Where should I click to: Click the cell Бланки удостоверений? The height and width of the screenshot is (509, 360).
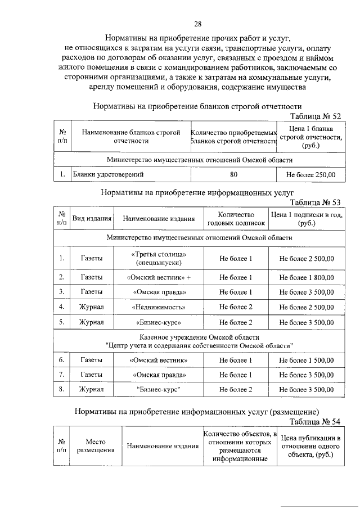pos(108,175)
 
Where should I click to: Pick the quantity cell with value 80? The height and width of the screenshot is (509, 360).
pos(234,175)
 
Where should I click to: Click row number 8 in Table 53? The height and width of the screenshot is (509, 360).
pos(61,389)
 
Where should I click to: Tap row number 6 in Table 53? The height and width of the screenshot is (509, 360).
pos(61,360)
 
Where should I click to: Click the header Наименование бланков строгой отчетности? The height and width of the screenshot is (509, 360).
pos(130,137)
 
